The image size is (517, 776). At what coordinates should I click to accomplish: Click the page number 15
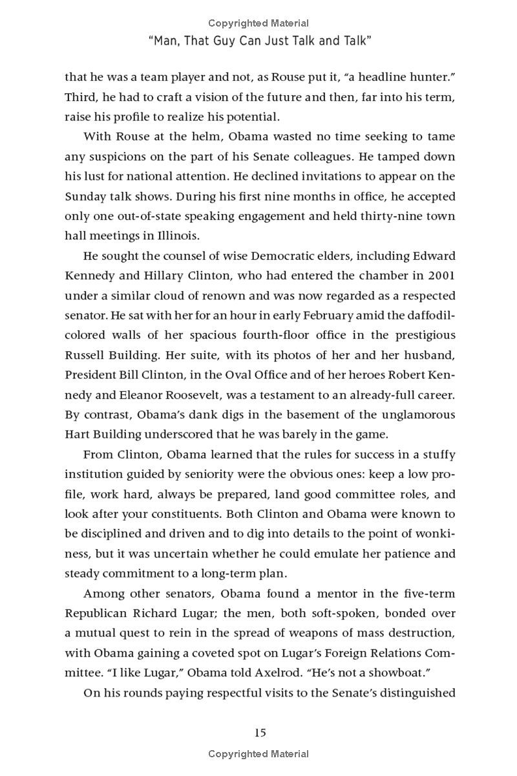point(259,733)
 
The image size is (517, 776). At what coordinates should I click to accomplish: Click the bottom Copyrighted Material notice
point(258,753)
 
